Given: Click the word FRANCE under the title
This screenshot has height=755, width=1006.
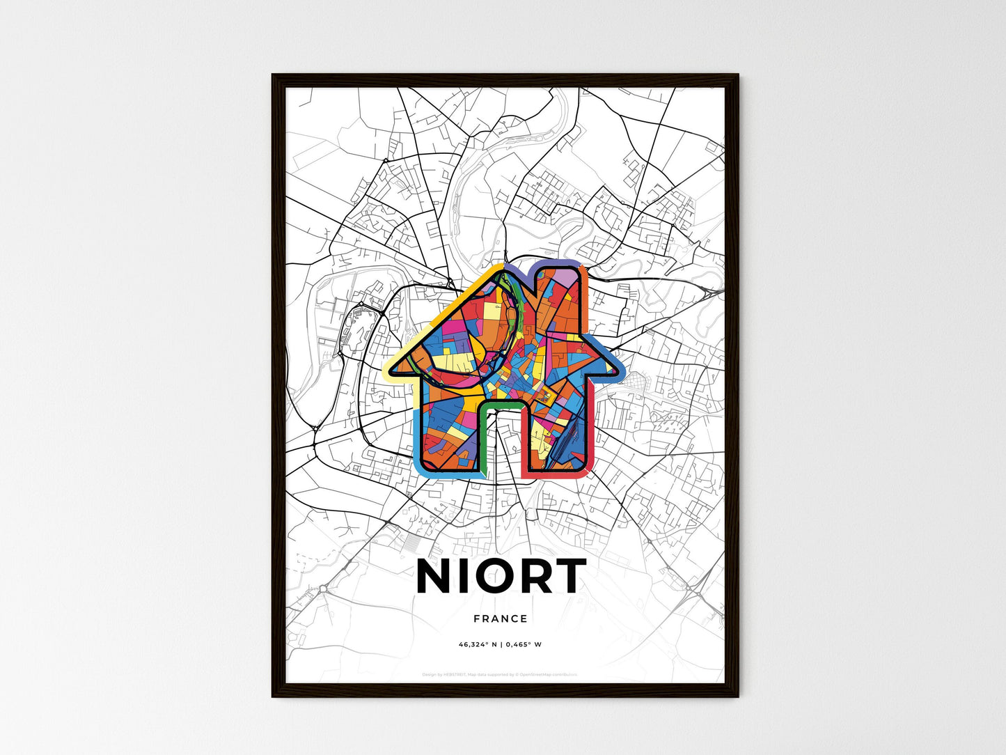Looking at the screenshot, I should point(500,618).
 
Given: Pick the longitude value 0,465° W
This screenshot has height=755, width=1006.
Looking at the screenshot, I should point(524,644).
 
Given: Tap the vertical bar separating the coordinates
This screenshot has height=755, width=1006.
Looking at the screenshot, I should point(501,644).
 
